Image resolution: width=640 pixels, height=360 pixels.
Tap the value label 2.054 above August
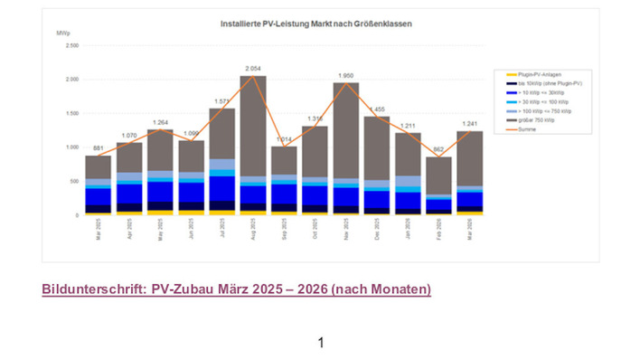[253, 69]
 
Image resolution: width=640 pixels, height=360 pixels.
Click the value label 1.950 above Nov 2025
[346, 75]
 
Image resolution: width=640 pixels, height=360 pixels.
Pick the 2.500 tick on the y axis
[71, 45]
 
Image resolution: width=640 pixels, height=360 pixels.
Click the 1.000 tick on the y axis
[71, 147]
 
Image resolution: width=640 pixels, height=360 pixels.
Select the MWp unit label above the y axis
[62, 33]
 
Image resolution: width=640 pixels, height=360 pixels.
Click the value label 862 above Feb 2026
[439, 150]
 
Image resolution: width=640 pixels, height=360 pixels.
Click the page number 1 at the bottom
[320, 342]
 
